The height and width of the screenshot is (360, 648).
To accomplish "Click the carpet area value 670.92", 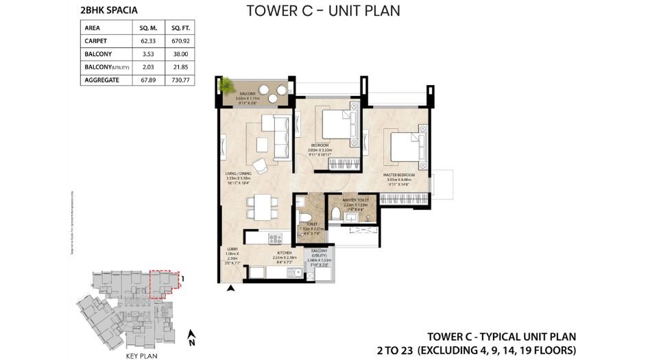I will (181, 40).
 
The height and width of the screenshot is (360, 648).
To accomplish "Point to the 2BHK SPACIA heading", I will (109, 10).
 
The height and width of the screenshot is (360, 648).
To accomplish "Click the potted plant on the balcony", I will (225, 87).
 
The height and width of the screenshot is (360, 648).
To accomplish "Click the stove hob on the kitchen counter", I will (275, 238).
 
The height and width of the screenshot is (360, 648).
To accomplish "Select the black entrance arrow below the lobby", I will (230, 288).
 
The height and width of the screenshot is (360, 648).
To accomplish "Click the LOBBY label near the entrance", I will (233, 248).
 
